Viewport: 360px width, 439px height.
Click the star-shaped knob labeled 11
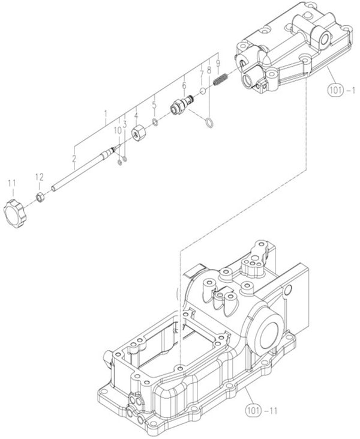click(15, 214)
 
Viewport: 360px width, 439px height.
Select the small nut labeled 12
click(40, 198)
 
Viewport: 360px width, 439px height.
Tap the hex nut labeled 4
click(137, 133)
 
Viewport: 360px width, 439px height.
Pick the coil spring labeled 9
click(221, 79)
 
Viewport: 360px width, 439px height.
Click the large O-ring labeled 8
click(209, 123)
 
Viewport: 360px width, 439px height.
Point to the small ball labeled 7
click(203, 91)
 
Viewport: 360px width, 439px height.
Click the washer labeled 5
click(155, 122)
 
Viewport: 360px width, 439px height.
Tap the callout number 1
click(106, 114)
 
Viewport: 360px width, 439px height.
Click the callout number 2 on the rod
click(74, 159)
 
